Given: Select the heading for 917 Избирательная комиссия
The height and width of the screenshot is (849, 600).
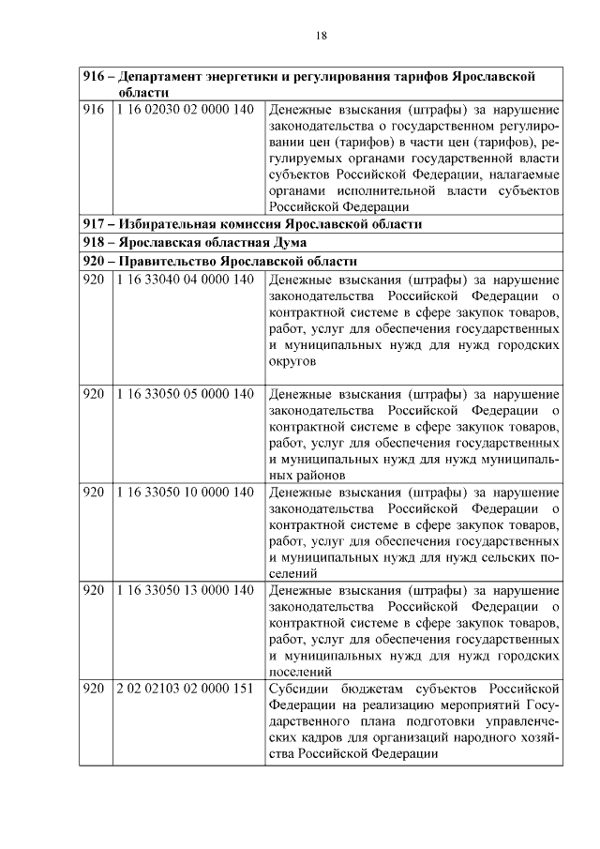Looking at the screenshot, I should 252,224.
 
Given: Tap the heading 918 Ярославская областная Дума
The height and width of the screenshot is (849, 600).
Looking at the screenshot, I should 202,242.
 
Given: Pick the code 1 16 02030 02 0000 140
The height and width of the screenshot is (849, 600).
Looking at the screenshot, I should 186,110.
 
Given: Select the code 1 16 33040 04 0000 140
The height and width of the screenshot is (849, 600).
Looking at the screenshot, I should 186,279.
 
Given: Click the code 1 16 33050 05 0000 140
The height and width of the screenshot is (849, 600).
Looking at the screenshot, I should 186,393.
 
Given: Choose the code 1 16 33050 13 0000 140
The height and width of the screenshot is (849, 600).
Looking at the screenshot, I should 186,590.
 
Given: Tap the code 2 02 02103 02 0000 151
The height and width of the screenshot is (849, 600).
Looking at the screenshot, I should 186,690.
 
